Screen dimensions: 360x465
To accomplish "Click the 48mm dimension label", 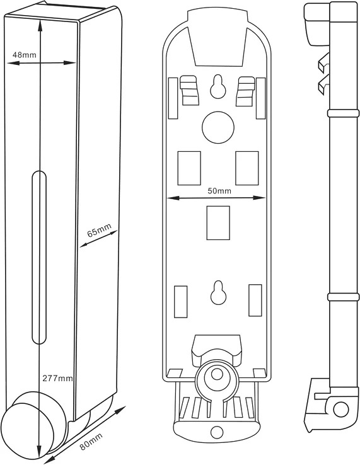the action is tap(25, 55).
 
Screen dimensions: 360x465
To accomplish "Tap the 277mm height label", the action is tap(57, 378).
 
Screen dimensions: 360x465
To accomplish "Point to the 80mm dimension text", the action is tap(91, 442).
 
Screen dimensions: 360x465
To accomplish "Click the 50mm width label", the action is tap(219, 191).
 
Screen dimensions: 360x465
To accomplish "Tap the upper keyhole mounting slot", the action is tap(218, 86).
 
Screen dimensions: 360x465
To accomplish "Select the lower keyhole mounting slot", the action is tap(218, 292).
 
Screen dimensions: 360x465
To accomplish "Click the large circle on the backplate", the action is tap(218, 127).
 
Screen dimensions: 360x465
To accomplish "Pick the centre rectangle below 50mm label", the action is tap(218, 222).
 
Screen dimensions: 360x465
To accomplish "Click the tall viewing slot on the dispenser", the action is tap(39, 257).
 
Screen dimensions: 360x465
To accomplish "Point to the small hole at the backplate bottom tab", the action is tap(217, 432).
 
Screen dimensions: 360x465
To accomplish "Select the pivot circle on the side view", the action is tap(340, 410).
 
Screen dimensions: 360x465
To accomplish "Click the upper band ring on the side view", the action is tap(343, 113).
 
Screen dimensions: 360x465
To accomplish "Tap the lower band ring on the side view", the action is tap(343, 297).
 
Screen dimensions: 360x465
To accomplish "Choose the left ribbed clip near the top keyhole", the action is tap(189, 91).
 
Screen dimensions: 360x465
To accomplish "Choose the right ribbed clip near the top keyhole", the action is tap(245, 91).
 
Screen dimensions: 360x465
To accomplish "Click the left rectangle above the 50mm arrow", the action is tap(189, 168).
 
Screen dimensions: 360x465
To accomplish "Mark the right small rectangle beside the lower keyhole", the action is tap(255, 301).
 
